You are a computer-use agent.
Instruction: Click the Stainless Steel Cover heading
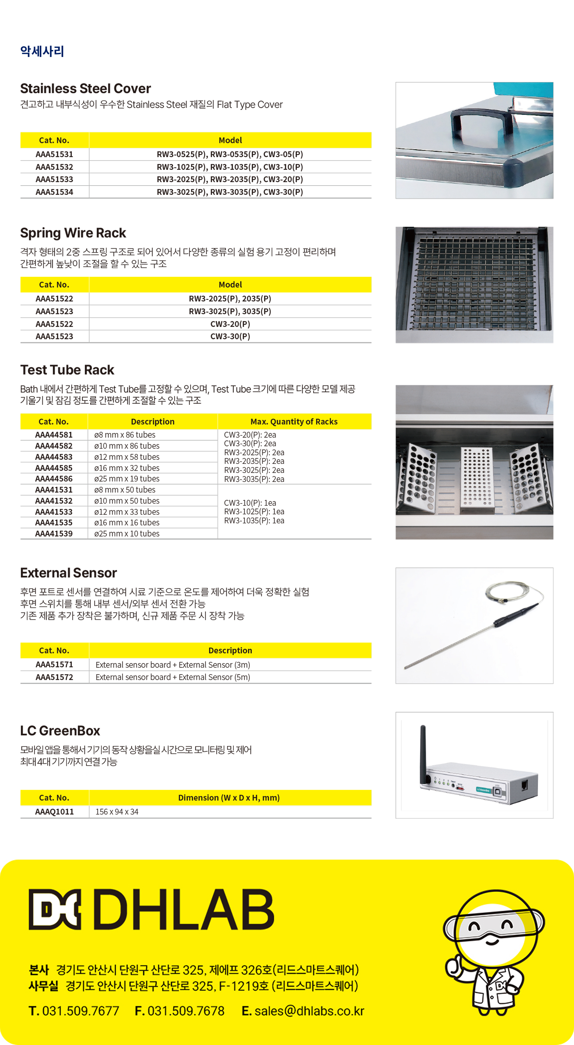click(85, 89)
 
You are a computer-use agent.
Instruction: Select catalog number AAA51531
click(54, 154)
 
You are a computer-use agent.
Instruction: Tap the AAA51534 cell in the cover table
click(54, 192)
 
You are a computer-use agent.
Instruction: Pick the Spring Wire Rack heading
click(73, 233)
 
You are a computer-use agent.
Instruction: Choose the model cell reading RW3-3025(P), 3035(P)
click(230, 311)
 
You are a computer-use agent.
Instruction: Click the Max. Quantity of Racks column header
click(294, 422)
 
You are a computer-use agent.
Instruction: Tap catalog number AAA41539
click(54, 534)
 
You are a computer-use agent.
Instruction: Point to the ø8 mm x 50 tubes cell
click(125, 490)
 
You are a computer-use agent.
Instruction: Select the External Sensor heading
click(68, 573)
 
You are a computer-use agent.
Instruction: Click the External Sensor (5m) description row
click(173, 677)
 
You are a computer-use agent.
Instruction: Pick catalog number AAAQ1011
click(54, 812)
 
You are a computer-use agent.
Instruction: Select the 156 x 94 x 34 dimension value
click(117, 812)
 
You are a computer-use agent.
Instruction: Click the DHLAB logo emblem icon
click(55, 909)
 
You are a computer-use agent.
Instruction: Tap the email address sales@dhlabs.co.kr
click(309, 1011)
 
